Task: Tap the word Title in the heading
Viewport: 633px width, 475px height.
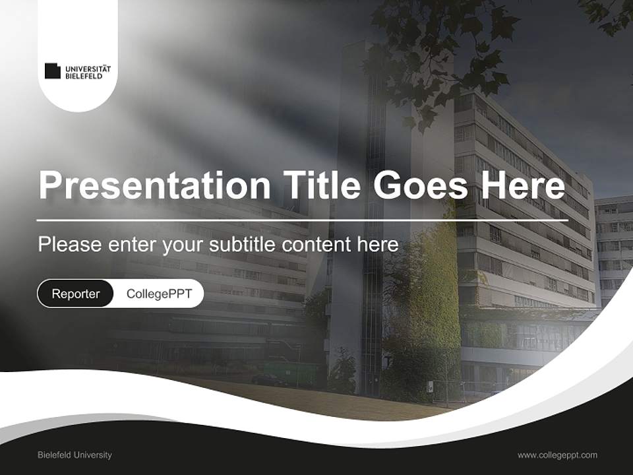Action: click(x=318, y=185)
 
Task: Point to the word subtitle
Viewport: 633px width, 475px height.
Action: click(x=243, y=245)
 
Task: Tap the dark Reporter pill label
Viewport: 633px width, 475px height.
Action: click(x=75, y=294)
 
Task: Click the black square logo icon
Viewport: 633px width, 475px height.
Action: click(x=53, y=71)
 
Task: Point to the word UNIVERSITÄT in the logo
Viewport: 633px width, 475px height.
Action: click(x=88, y=68)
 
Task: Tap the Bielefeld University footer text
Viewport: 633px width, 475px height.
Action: click(x=75, y=455)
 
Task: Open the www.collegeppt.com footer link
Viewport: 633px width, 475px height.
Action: click(x=557, y=455)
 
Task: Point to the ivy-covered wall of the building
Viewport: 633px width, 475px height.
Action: click(x=432, y=290)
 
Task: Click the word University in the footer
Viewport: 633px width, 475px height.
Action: click(x=92, y=455)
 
